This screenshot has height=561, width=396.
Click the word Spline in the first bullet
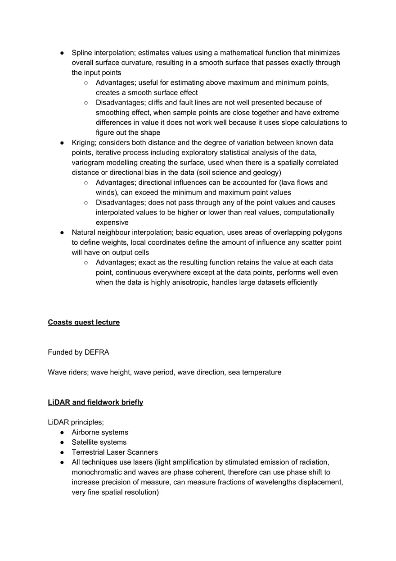[81, 53]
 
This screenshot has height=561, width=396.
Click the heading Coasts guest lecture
[84, 322]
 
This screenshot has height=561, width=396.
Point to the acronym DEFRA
[97, 352]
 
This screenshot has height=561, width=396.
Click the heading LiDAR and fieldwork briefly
[95, 402]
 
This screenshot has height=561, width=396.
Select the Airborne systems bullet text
[100, 432]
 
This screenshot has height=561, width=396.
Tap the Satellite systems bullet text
[99, 442]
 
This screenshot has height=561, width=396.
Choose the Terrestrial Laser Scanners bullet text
[115, 452]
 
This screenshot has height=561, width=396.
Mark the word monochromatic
[98, 472]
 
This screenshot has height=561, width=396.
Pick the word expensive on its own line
[112, 223]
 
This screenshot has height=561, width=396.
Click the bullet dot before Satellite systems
[62, 442]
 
